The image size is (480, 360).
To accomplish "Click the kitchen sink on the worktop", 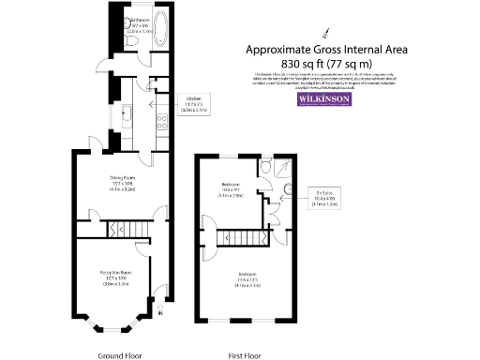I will pos(126,115).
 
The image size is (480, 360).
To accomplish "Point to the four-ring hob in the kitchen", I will pos(161,119).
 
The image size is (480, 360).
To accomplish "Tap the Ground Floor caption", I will pos(120,355).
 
